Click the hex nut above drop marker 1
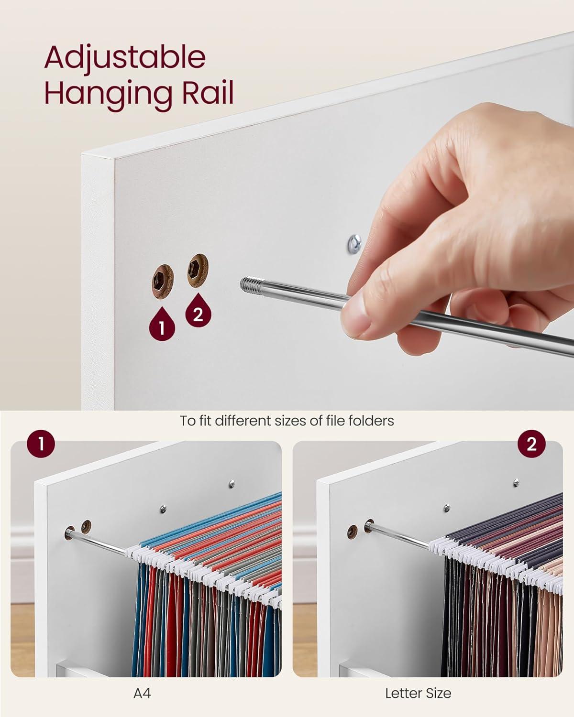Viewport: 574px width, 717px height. coord(163,282)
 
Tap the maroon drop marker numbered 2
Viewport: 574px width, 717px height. coord(198,310)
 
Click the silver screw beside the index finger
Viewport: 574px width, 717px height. coord(354,244)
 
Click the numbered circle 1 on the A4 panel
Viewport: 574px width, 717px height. coord(41,445)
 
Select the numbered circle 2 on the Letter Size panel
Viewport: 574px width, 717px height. coord(531,445)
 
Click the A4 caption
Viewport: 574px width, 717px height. coord(142,694)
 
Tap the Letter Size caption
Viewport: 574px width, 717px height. coord(418,694)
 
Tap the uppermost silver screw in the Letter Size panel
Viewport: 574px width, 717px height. coord(516,483)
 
